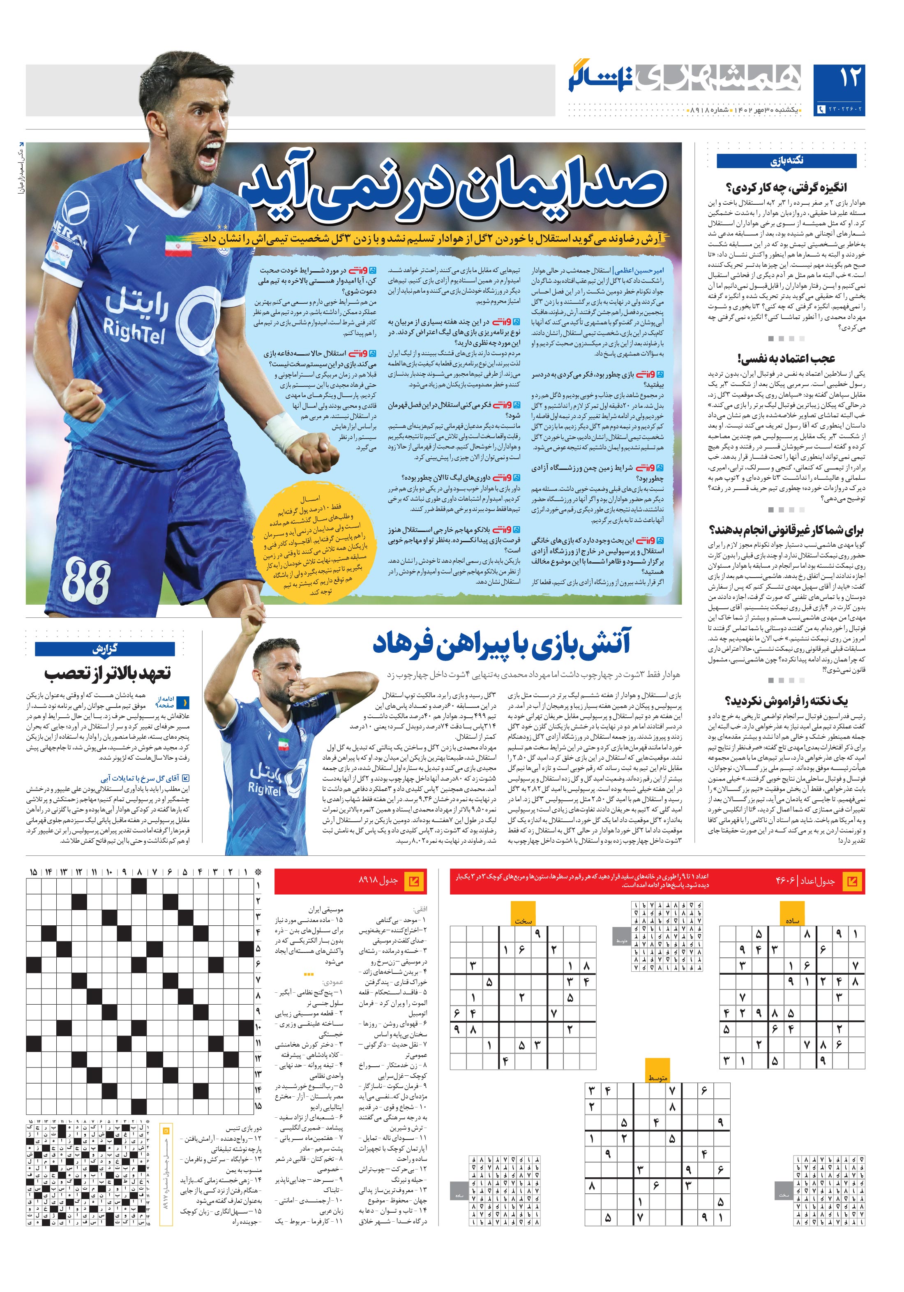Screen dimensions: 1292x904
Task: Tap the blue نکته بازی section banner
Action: pyautogui.click(x=786, y=161)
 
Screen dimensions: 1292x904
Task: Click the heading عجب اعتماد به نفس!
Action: pyautogui.click(x=786, y=358)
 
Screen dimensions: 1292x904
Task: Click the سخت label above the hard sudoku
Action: pyautogui.click(x=523, y=921)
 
